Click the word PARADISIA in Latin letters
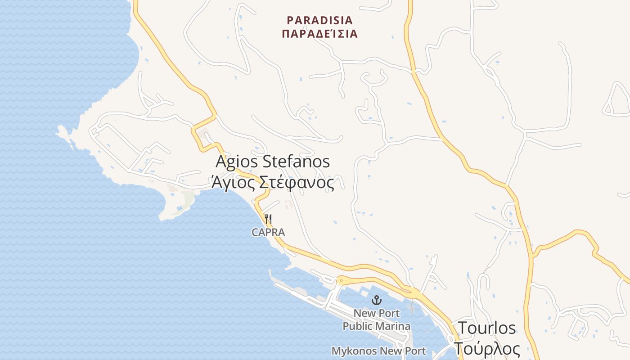click(x=320, y=21)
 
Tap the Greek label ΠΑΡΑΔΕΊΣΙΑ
click(x=320, y=34)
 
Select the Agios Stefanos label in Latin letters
click(x=273, y=162)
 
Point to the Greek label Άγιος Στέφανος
click(x=273, y=183)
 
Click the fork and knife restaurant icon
click(x=268, y=219)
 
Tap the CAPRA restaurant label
click(x=268, y=232)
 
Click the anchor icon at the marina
click(x=376, y=300)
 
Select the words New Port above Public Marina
click(x=376, y=313)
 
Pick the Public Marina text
click(x=376, y=326)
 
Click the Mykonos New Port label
click(x=378, y=351)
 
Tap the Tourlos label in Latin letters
click(x=487, y=328)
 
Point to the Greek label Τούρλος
click(x=487, y=349)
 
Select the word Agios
click(x=236, y=162)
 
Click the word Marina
click(x=394, y=326)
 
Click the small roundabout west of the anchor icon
click(x=341, y=280)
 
